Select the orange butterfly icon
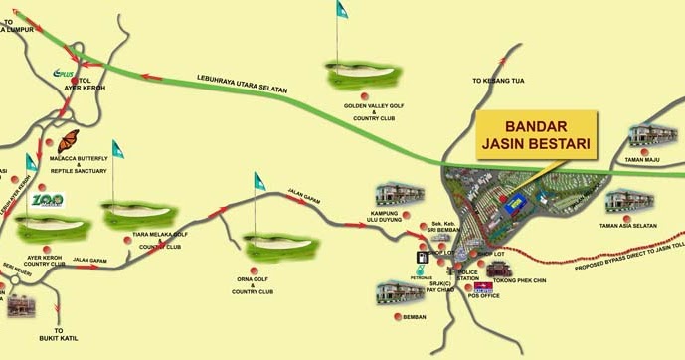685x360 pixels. [x=70, y=143]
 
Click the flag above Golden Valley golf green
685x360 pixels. [x=341, y=10]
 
